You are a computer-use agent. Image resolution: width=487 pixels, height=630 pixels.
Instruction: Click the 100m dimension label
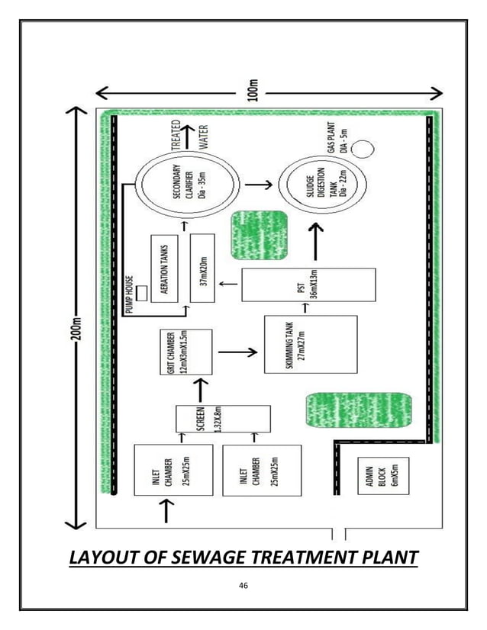(254, 92)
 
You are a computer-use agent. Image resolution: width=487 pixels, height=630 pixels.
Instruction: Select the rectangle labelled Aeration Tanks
(168, 268)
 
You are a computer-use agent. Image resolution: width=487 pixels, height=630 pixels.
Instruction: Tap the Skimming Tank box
(310, 343)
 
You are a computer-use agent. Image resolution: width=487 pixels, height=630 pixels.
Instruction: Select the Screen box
(223, 419)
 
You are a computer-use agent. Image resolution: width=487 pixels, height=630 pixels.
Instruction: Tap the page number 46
(244, 586)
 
